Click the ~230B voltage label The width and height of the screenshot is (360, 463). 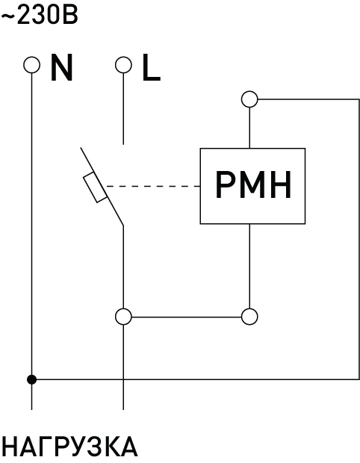40,15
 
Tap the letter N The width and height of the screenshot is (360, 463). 61,67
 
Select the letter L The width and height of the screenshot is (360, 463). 151,67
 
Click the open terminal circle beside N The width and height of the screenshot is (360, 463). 31,65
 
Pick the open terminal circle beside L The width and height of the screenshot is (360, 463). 123,65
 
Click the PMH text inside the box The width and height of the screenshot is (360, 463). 253,185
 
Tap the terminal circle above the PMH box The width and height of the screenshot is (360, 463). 249,99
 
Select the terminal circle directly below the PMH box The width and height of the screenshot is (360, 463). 249,317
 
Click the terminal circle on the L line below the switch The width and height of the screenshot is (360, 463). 123,317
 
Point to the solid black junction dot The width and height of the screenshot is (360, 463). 31,379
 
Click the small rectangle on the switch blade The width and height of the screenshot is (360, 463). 95,187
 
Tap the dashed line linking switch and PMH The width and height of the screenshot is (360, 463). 153,187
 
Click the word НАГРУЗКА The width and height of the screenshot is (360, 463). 69,447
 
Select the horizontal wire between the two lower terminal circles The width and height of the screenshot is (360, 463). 187,317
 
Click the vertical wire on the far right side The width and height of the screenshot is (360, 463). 359,239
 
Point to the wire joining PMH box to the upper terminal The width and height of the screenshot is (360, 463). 249,128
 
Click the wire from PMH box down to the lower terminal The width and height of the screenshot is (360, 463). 249,267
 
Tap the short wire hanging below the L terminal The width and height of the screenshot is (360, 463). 123,109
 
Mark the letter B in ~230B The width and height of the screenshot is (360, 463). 71,16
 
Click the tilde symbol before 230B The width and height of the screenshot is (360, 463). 7,16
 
